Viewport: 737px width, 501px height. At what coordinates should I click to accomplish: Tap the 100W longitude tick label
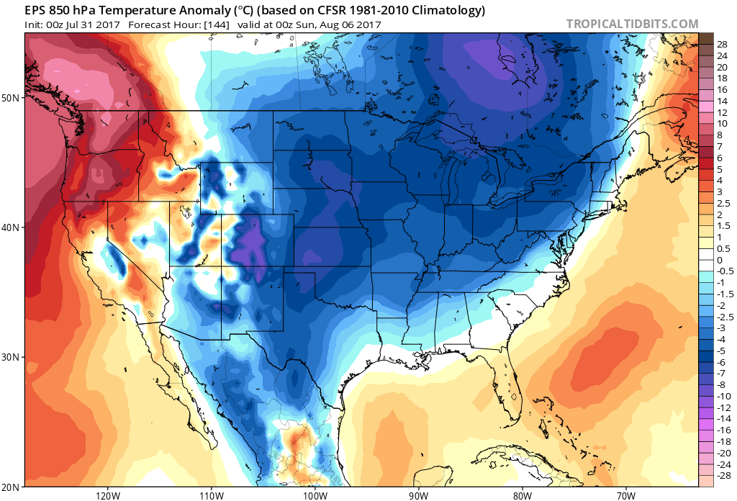(315, 495)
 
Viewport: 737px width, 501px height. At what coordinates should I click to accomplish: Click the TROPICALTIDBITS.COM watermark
(632, 24)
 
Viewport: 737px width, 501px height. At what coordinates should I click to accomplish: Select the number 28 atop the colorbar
(722, 45)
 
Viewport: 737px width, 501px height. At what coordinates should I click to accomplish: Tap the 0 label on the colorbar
(719, 260)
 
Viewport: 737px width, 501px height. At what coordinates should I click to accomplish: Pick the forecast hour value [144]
(216, 24)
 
